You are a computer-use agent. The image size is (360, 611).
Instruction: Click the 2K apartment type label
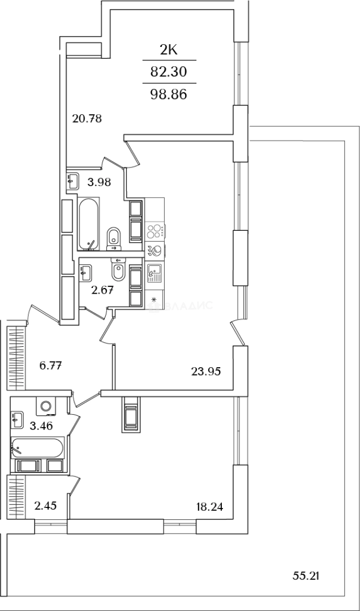pos(169,50)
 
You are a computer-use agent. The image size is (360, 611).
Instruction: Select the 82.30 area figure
pos(169,71)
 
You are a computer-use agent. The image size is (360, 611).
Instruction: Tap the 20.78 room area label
pos(87,118)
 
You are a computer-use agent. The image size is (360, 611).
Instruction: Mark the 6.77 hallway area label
pos(50,365)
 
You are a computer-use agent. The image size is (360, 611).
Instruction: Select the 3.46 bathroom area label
pos(41,425)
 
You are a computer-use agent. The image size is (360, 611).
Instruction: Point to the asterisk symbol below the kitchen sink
pos(153,298)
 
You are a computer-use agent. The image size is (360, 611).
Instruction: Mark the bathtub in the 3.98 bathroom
pos(89,224)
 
